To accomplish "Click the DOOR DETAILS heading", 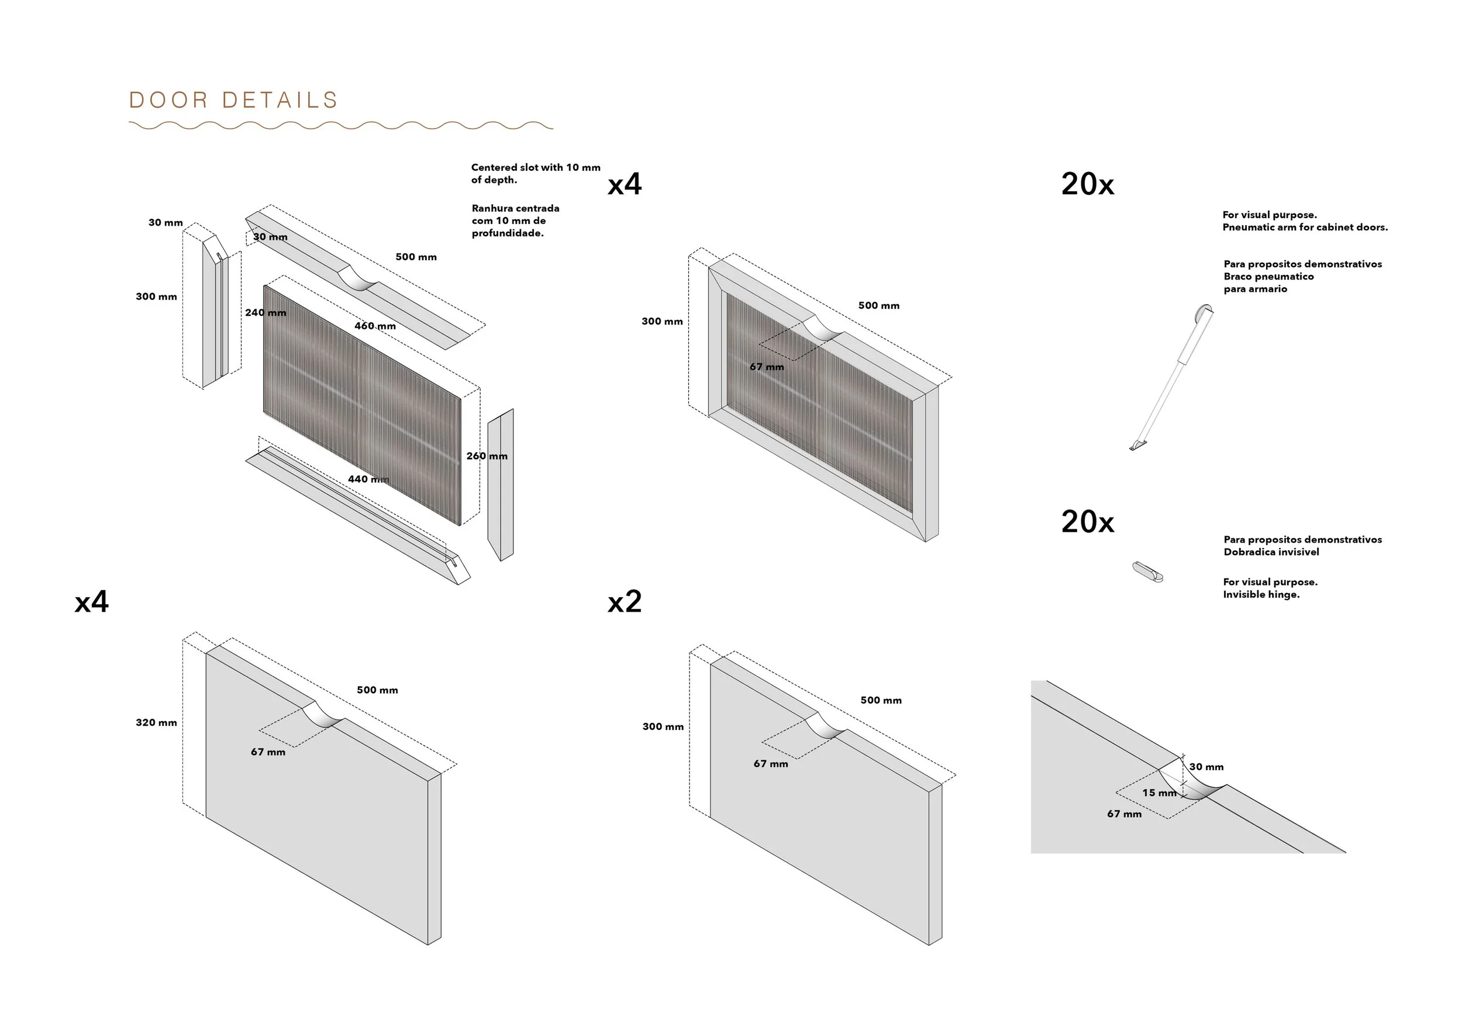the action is tap(233, 100).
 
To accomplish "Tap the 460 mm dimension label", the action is tap(375, 326).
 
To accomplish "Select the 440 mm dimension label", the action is tap(368, 479).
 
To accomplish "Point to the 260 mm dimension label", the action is tap(487, 456).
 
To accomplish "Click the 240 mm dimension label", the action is tap(265, 313).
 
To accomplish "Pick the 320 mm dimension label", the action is tap(156, 723).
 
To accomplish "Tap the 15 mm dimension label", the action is tap(1159, 792).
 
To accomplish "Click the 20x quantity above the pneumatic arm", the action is tap(1088, 185).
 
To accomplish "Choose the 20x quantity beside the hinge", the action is tap(1088, 522).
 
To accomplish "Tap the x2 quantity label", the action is tap(624, 602).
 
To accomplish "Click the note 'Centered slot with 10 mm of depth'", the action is tap(535, 173).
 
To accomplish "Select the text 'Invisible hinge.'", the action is tap(1261, 595).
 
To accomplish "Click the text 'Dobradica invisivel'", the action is tap(1271, 552).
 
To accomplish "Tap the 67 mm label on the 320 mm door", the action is tap(268, 752).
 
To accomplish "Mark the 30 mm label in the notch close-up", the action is tap(1206, 767).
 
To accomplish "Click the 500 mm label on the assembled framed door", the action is tap(879, 306).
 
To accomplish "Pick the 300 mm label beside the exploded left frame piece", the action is tap(156, 297).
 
